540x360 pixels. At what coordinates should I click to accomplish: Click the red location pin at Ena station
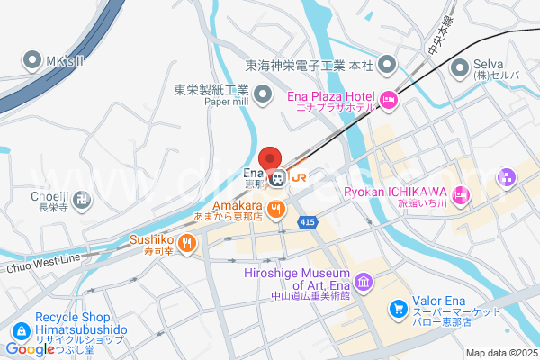(x=271, y=157)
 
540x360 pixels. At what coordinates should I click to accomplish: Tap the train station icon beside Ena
(x=279, y=178)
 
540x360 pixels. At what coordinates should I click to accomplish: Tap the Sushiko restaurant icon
(x=186, y=241)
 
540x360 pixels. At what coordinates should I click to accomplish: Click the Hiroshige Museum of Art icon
(x=364, y=283)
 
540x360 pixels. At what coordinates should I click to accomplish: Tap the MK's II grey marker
(x=32, y=60)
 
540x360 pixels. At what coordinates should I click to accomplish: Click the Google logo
(x=31, y=349)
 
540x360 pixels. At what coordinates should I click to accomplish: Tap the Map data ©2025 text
(x=499, y=353)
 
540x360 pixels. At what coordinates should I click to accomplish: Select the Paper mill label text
(x=227, y=102)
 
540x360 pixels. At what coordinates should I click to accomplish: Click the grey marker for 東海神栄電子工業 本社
(x=388, y=65)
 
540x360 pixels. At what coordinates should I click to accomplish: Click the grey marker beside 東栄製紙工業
(x=263, y=93)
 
